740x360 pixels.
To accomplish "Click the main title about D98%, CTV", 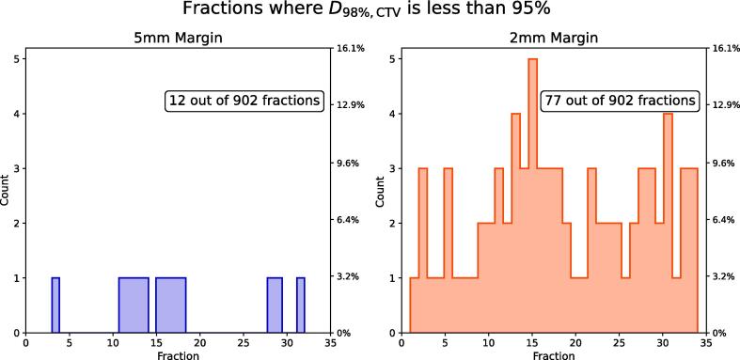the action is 366,9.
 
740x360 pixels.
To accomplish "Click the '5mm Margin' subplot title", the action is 178,38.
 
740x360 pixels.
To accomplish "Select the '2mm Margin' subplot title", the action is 554,38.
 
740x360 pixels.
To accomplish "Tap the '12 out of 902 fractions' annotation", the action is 244,101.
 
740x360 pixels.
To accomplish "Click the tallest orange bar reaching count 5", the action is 533,196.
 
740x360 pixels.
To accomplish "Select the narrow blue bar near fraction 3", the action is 55,305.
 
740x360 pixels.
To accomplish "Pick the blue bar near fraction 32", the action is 301,305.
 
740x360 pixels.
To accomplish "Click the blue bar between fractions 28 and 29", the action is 275,305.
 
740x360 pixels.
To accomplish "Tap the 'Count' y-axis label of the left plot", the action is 6,190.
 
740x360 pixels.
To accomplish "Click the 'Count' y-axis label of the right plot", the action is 381,190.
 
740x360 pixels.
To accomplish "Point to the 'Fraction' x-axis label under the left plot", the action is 178,354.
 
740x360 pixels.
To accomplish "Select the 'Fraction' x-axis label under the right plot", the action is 554,354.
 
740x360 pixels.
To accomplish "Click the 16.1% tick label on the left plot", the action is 347,48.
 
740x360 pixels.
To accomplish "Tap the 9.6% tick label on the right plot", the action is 722,164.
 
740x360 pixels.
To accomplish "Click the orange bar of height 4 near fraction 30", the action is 668,223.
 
